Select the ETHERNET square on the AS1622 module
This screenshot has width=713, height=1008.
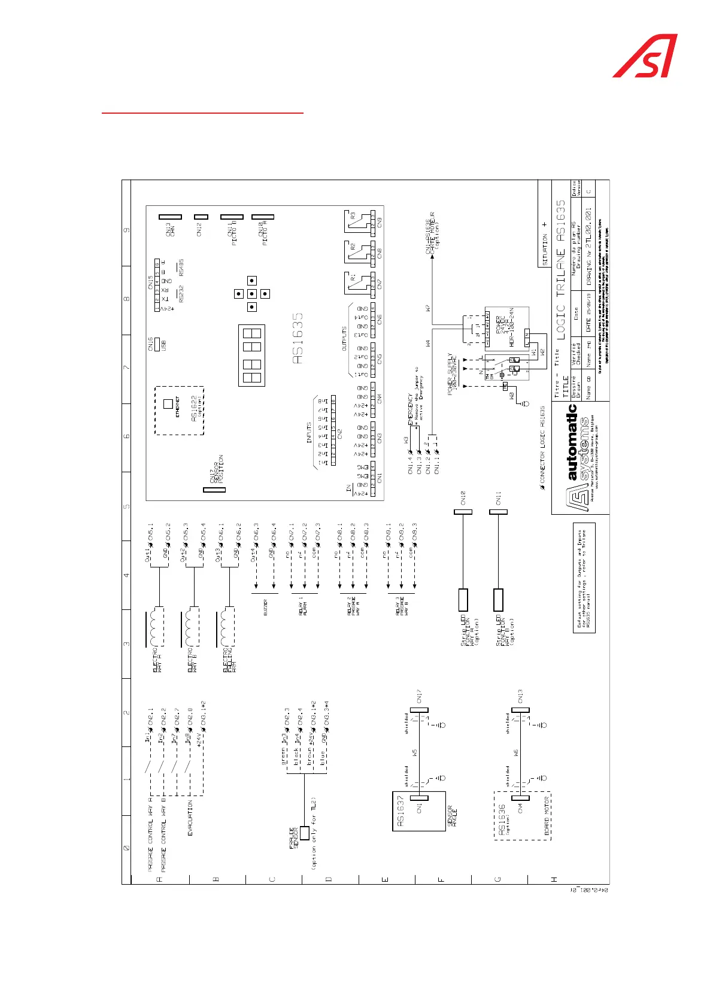168,404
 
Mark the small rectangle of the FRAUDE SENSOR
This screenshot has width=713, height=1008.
305,833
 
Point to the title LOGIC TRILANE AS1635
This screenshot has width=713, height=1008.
560,270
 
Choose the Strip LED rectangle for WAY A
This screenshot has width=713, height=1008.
463,599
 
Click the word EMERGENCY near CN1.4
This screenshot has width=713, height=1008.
411,409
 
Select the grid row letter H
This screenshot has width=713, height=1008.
554,879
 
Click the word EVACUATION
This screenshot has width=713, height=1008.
190,818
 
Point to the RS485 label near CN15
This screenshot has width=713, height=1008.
181,268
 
